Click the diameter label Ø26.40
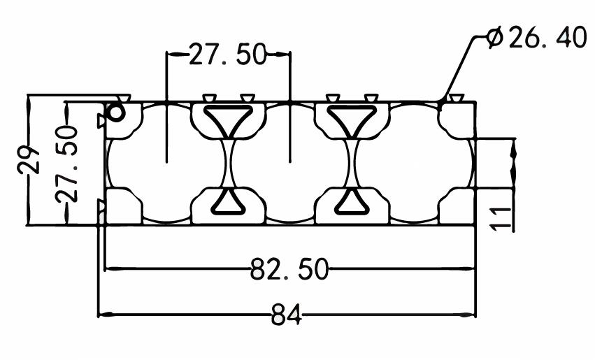point(536,37)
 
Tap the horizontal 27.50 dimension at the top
point(228,55)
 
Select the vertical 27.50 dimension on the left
point(67,164)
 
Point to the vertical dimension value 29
point(29,159)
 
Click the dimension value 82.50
point(289,268)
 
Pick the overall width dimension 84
point(287,315)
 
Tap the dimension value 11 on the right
point(501,219)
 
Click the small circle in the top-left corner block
point(116,113)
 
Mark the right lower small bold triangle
point(352,202)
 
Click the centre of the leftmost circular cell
point(166,163)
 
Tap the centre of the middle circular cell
point(290,163)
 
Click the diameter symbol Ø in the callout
point(495,37)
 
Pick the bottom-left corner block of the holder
point(124,206)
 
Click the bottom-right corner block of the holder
point(457,206)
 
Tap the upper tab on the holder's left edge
point(101,121)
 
